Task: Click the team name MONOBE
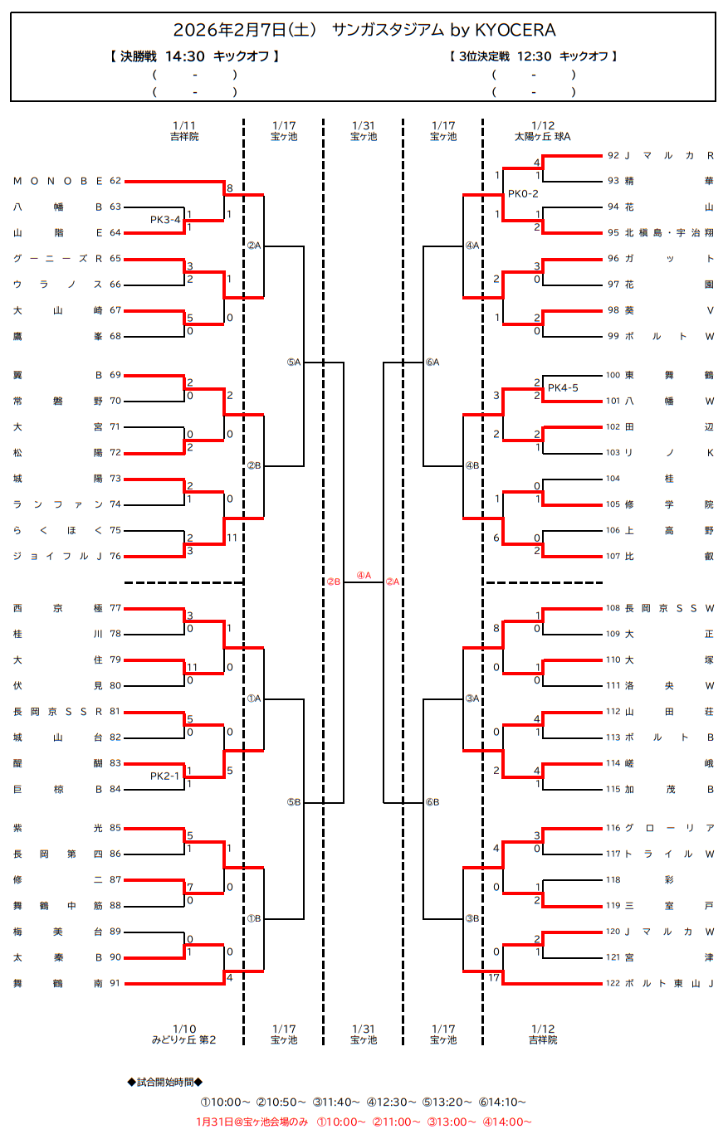pos(58,181)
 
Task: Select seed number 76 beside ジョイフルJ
pos(115,557)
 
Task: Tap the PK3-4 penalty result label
pos(165,220)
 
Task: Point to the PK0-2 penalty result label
pos(523,194)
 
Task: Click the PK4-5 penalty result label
pos(563,388)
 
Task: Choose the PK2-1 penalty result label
pos(165,776)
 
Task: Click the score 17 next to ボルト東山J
pos(495,978)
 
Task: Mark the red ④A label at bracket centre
pos(364,576)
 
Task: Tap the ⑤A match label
pos(294,363)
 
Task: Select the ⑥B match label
pos(432,802)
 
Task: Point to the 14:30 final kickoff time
pos(185,56)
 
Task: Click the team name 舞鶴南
pos(58,984)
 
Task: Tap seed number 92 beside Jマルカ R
pos(613,155)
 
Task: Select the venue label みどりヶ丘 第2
pos(184,1040)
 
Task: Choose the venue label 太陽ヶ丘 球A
pos(543,137)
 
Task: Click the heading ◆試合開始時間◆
pos(165,1082)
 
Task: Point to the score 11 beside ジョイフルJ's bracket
pos(232,538)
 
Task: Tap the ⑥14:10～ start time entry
pos(502,1102)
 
